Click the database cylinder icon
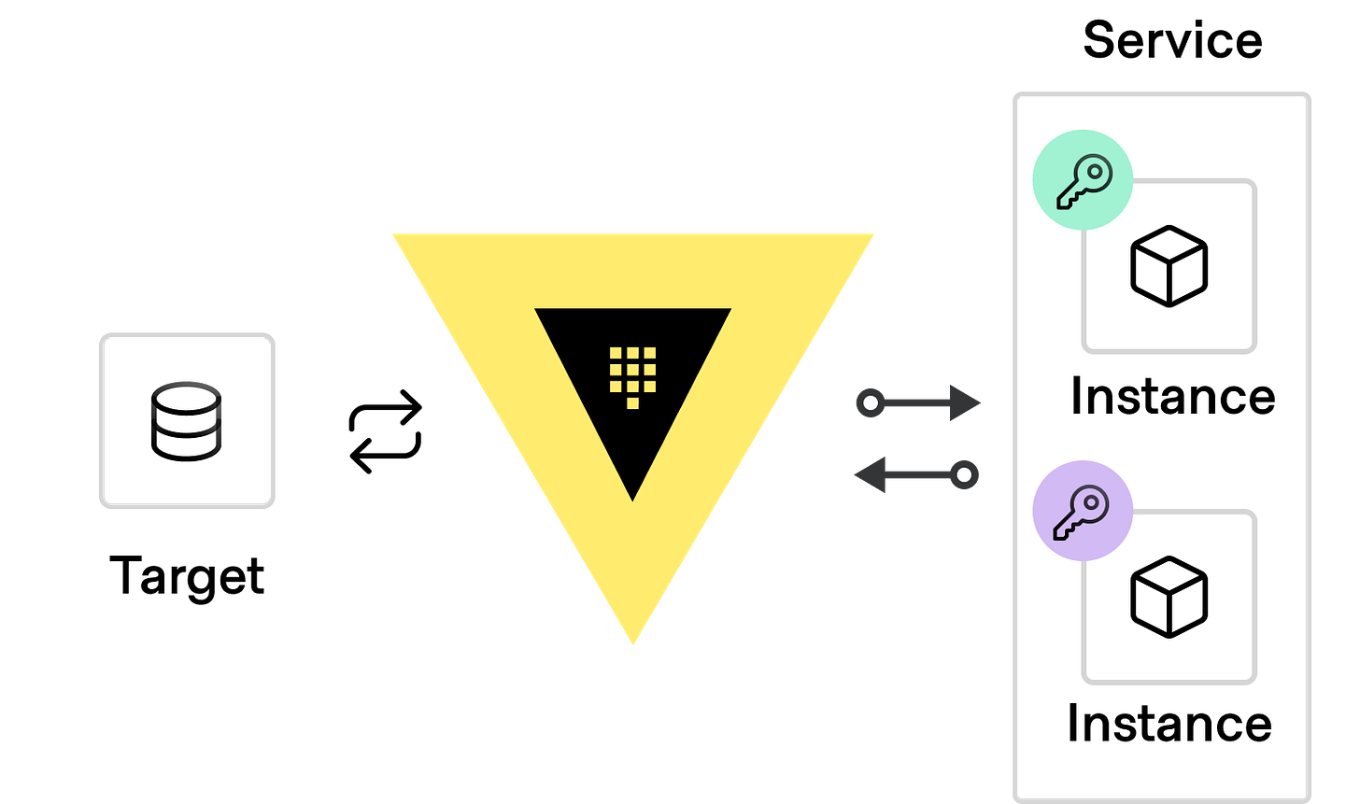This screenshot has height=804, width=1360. coord(187,420)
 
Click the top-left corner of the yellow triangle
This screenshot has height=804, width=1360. coord(393,233)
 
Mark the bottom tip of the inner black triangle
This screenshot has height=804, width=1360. coord(633,499)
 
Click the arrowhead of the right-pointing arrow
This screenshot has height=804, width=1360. coord(968,403)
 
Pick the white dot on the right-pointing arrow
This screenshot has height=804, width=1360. coord(870,403)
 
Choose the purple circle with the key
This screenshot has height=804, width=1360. coord(1082,511)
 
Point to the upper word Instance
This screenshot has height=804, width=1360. coord(1172,396)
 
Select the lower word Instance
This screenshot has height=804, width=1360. coord(1169,724)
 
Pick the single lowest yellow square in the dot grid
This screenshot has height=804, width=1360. coord(632,402)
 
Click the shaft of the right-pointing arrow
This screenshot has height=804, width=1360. coord(915,403)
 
